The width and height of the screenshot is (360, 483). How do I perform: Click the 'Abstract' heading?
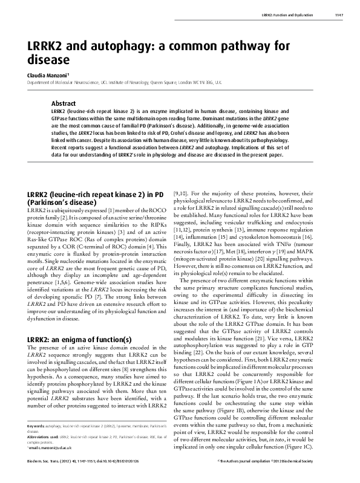point(64,103)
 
